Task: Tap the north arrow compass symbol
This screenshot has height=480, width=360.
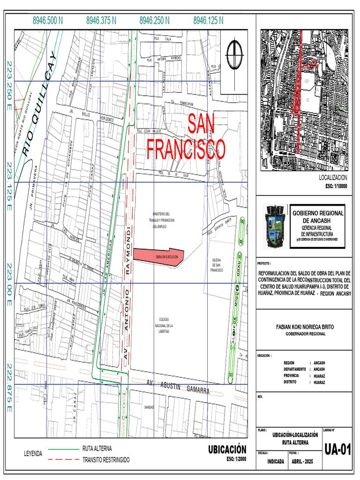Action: [233, 55]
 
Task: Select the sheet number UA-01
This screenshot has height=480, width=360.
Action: [337, 450]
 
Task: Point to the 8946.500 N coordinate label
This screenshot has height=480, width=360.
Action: [48, 21]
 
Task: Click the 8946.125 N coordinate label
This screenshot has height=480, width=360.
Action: [208, 21]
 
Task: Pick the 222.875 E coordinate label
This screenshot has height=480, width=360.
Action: [9, 387]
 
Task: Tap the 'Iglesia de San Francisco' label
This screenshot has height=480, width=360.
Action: [217, 265]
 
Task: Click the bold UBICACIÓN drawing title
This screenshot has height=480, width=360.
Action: [227, 450]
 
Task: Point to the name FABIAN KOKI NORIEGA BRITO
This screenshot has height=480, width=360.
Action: [305, 327]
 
